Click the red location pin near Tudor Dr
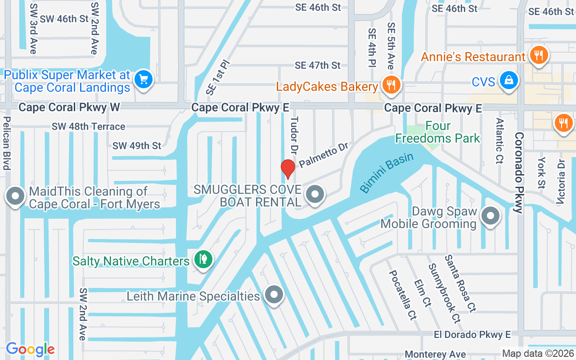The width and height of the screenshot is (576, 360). coord(288,169)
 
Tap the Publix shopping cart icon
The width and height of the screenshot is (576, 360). coord(144,80)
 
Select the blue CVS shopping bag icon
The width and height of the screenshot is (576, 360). coord(509,81)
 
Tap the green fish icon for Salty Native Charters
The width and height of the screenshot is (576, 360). coord(203,259)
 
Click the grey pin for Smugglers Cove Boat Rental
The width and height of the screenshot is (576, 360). coord(315,195)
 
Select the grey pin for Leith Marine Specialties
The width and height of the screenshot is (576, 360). coord(274,295)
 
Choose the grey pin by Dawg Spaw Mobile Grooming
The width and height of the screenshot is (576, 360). coord(490,216)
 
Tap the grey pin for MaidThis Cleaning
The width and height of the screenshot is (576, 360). coord(16,196)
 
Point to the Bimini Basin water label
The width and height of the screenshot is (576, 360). coord(387,173)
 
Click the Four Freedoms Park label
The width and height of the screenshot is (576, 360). coord(438,132)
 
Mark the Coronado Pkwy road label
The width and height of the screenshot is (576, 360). coord(518,172)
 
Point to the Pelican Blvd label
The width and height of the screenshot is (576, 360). coord(7,143)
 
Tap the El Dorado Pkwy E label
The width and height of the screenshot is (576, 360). coord(472,334)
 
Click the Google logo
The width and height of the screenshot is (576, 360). coord(30,349)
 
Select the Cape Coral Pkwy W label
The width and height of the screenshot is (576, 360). coord(63,107)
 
